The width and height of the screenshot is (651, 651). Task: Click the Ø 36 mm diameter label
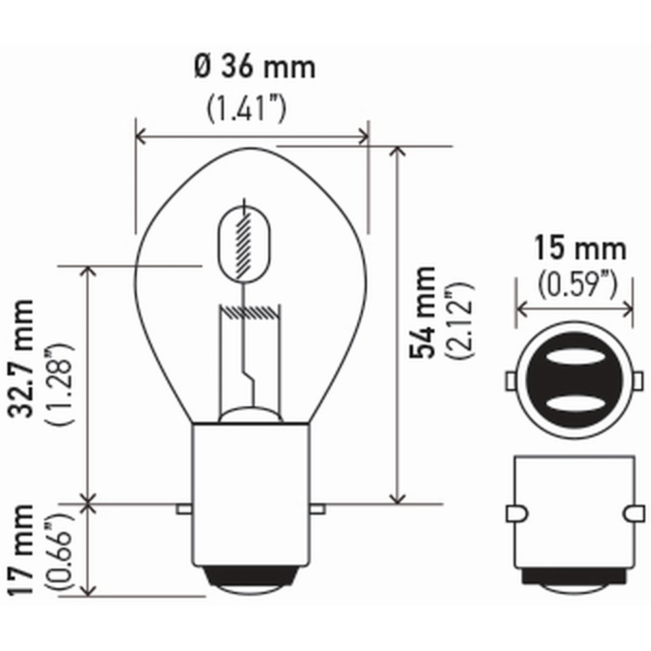pyautogui.click(x=255, y=68)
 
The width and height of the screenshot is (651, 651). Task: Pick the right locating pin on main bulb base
pyautogui.click(x=318, y=507)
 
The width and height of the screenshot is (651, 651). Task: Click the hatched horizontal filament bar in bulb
pyautogui.click(x=251, y=312)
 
